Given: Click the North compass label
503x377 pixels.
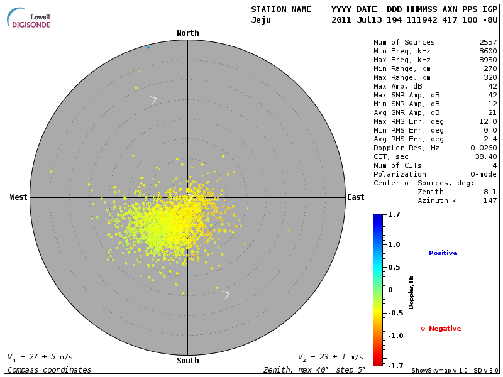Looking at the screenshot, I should click(187, 33).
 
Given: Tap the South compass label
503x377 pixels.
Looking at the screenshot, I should click(187, 361).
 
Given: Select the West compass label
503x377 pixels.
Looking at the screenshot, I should click(19, 197).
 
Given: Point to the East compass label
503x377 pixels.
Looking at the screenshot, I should click(355, 197).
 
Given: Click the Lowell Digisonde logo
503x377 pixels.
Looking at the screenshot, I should click(30, 18).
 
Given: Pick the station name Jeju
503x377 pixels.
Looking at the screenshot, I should click(261, 20).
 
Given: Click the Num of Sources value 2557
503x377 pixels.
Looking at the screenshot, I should click(487, 43).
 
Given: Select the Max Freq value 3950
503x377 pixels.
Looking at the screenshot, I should click(487, 60).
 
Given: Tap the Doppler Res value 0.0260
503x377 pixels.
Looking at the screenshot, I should click(482, 148).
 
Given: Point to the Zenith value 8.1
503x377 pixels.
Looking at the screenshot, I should click(490, 192).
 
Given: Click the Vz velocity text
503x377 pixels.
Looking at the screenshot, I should click(330, 358).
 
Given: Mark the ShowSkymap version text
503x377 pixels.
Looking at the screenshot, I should click(439, 371).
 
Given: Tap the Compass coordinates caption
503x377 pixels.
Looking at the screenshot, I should click(49, 370).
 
